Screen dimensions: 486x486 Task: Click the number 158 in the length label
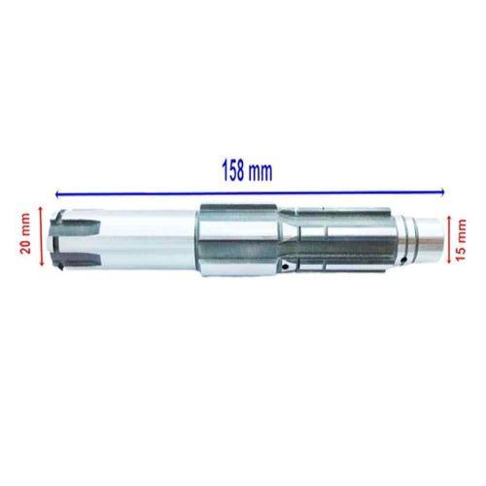(x=232, y=171)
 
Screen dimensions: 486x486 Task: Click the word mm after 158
(x=260, y=173)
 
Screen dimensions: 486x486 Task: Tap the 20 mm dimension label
(x=25, y=233)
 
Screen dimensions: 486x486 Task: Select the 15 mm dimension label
(x=461, y=239)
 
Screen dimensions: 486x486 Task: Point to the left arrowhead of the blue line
(x=57, y=194)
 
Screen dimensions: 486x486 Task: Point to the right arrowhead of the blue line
(x=442, y=192)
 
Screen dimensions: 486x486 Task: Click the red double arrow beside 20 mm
(x=41, y=236)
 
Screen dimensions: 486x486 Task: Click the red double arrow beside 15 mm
(x=449, y=239)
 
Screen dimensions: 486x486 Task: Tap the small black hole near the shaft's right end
(x=403, y=260)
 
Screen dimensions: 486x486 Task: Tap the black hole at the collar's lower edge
(x=285, y=266)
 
